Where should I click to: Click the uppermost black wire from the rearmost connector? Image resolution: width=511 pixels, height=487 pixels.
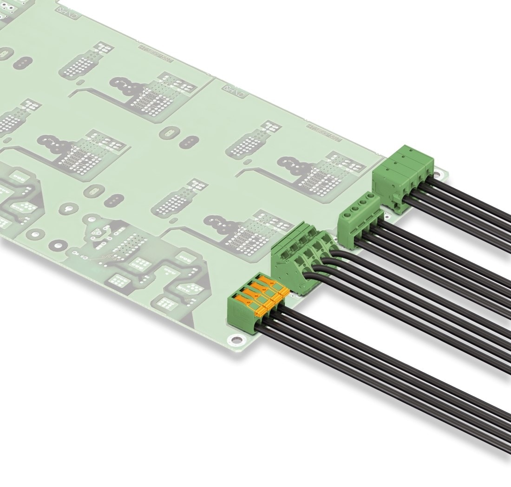(x=465, y=195)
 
